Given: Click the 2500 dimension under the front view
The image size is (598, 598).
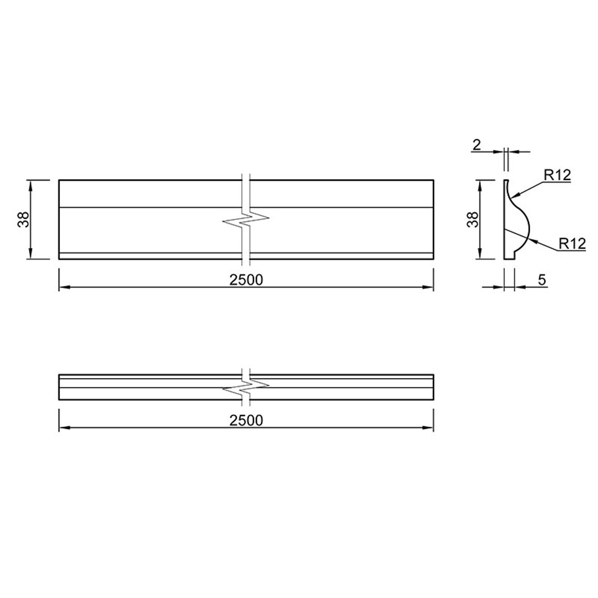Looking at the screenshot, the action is (246, 280).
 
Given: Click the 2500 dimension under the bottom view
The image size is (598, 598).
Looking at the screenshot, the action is (246, 420).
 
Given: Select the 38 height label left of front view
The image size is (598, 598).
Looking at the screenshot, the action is (24, 219).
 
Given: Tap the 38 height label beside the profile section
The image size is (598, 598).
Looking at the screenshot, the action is (473, 219).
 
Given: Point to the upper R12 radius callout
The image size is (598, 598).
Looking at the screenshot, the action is (557, 175).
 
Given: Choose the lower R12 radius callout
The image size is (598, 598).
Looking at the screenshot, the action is (572, 243).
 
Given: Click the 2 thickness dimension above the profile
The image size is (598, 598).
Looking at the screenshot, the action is (477, 145).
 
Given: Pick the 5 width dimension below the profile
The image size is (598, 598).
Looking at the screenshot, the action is (542, 280).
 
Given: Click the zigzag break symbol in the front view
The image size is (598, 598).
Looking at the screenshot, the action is (246, 220).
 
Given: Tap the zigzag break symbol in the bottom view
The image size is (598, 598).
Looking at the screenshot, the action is (246, 387).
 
